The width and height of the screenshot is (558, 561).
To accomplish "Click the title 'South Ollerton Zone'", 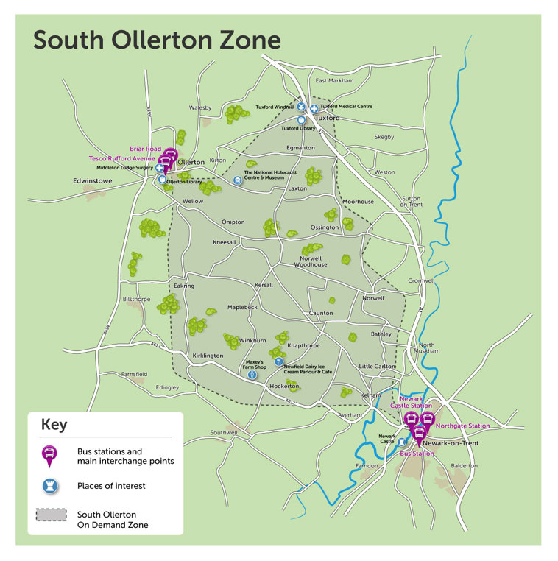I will point(156,40).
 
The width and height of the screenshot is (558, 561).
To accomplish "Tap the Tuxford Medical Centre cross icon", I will point(314,109).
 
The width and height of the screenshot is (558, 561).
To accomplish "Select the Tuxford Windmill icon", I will point(301,107).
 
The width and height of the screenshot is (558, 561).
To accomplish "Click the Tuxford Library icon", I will point(300,119).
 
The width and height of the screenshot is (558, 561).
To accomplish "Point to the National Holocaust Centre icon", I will point(237,180).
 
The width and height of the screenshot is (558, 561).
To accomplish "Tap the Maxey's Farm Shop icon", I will point(252,375).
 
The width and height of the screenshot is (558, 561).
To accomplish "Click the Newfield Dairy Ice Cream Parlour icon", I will point(278,361).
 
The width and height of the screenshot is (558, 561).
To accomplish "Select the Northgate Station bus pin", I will point(426,420).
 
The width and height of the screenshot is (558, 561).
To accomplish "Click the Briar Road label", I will point(145,149).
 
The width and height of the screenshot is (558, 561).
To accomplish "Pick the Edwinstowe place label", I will point(93,180).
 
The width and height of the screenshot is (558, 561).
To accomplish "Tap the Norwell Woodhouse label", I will point(310,261).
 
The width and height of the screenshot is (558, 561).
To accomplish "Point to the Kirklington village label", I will point(207,356).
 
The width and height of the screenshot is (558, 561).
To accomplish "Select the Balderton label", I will point(464,465).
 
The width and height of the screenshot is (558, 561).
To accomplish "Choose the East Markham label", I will point(334,80).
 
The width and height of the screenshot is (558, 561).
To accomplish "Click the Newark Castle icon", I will point(402,442).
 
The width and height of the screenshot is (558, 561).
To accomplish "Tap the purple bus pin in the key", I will point(49,456).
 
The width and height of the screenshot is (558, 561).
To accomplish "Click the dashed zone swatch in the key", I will point(49,515).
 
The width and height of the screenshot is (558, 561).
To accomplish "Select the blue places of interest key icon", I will point(49,486).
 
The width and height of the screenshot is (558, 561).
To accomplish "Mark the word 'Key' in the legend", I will point(54,425).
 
